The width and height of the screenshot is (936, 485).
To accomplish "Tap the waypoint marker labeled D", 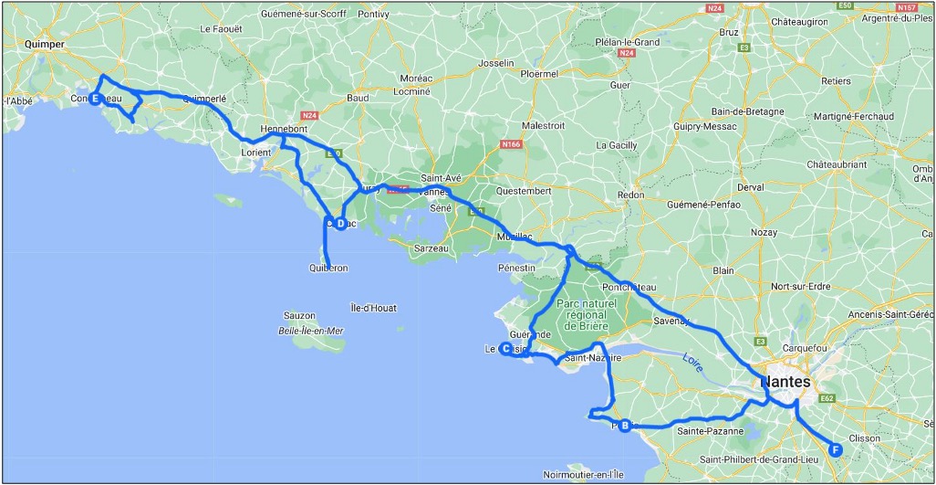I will coord(339,223).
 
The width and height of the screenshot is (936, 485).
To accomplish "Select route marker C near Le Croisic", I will coord(504,348).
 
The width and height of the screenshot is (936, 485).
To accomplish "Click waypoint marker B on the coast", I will coord(625,426).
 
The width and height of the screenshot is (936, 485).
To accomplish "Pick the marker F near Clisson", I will coord(836,448).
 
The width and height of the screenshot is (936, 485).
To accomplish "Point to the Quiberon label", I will coord(329,269).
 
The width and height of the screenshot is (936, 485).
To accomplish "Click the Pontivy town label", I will coord(374,15).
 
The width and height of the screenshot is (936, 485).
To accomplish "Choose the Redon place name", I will coord(630,195).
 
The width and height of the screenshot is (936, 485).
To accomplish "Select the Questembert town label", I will coord(524,192).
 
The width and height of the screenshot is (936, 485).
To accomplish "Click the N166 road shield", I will coord(514,145).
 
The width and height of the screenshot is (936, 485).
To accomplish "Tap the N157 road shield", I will coord(906,6).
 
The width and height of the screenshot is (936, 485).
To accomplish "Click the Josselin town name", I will coord(496,64).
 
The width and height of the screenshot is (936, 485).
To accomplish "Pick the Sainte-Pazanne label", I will coord(711,430).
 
